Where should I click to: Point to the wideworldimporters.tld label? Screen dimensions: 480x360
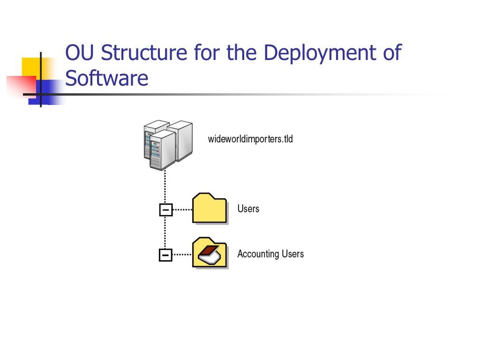pyautogui.click(x=250, y=139)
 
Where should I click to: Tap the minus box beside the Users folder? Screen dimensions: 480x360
pyautogui.click(x=165, y=210)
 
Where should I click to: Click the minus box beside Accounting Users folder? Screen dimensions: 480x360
pyautogui.click(x=165, y=255)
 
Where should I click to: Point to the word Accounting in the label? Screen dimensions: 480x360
pyautogui.click(x=258, y=254)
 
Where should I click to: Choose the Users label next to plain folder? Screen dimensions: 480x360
pyautogui.click(x=248, y=209)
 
